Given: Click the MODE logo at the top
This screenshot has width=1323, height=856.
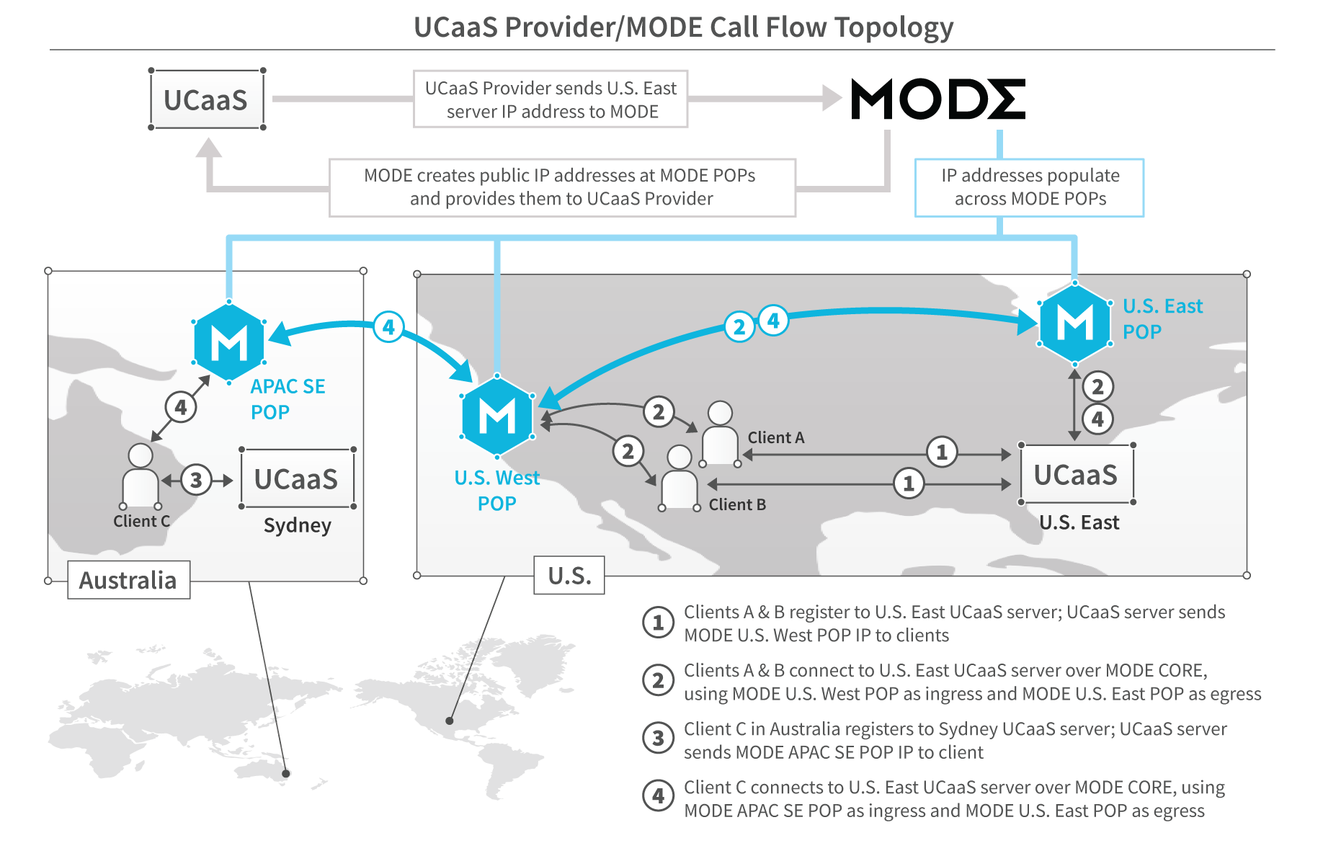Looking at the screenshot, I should [937, 99].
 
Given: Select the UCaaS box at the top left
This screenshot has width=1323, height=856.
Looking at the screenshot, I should [207, 99].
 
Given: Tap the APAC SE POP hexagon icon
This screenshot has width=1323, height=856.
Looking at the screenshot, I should [229, 342].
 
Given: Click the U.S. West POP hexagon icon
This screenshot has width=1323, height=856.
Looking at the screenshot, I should [497, 416].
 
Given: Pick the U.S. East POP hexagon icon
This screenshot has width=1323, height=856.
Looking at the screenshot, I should [1074, 324].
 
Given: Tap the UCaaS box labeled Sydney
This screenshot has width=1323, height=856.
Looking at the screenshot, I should [297, 478].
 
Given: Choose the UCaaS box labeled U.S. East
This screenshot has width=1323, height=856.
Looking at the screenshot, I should [1077, 474].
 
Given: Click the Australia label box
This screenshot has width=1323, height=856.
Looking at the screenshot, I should [128, 580].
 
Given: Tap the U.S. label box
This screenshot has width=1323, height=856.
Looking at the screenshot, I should [569, 576].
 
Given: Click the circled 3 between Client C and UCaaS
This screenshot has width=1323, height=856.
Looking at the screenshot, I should [196, 480].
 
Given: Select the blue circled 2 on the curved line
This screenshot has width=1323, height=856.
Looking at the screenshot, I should [739, 327].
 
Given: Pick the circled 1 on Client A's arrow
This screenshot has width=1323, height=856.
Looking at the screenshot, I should [942, 452].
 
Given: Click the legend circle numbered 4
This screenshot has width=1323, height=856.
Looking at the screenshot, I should [658, 796].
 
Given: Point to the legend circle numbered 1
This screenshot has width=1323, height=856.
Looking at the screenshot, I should [658, 623].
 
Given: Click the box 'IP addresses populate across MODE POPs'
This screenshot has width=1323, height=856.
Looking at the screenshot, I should [1029, 187].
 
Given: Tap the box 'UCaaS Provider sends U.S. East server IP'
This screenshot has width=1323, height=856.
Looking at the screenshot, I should [551, 99].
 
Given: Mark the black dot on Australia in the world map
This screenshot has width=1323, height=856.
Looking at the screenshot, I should [286, 773].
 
